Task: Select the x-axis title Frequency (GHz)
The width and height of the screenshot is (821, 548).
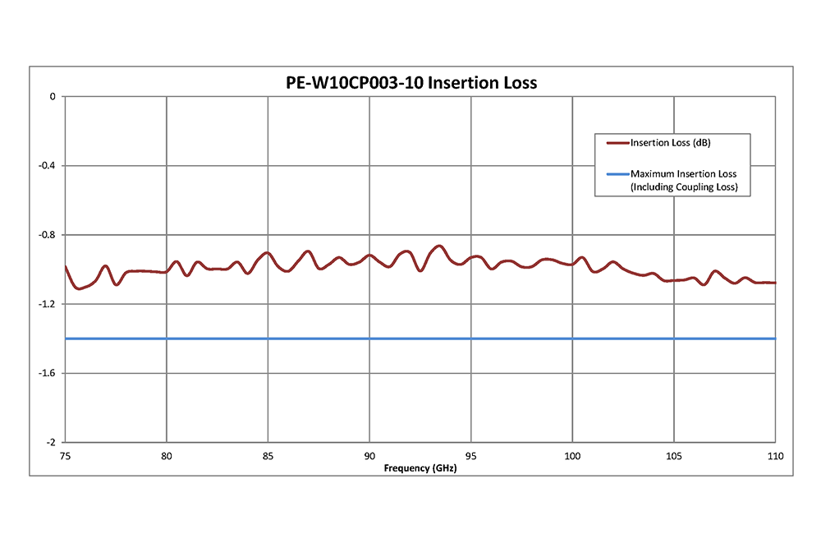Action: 420,468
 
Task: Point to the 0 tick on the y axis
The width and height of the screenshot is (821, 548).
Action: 53,97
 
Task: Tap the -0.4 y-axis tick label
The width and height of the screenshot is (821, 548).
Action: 47,166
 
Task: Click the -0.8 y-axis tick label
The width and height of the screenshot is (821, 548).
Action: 47,235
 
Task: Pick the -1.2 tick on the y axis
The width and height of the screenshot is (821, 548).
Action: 47,304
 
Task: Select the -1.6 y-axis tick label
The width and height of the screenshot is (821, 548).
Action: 47,373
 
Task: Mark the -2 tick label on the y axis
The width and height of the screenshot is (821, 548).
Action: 51,442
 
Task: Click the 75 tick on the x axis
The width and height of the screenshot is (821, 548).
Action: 65,456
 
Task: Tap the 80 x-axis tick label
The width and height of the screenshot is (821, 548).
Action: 167,456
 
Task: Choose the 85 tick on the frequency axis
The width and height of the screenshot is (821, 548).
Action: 268,456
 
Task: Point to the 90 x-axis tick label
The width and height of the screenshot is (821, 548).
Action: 369,456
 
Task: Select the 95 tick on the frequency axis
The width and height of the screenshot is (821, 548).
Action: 471,456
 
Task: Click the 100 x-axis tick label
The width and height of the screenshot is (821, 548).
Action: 572,456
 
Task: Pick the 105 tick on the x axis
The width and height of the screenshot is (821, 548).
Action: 674,456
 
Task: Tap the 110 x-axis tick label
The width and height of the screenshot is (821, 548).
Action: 775,456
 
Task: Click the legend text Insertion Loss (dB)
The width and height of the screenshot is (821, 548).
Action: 670,143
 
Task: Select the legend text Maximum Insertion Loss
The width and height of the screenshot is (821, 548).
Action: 683,174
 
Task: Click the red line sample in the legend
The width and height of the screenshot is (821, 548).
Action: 617,143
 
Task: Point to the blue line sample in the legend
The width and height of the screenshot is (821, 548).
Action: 617,174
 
